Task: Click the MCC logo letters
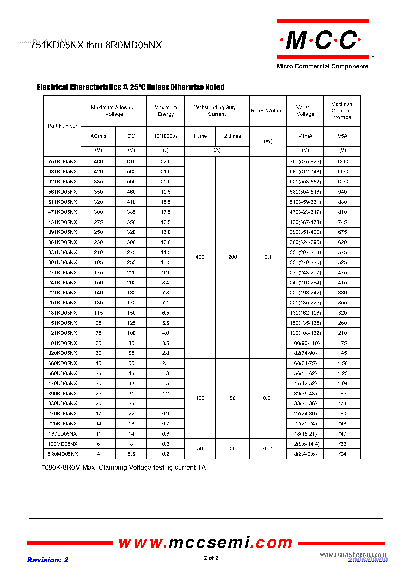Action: [321, 40]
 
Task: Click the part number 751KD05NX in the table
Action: [63, 162]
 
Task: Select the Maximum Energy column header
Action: [166, 111]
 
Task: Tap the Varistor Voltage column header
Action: [305, 111]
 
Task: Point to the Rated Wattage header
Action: [268, 111]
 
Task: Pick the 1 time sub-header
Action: [200, 136]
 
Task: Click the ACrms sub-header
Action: [98, 136]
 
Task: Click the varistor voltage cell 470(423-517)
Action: [305, 212]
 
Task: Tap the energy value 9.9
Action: [166, 273]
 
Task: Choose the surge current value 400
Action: [200, 257]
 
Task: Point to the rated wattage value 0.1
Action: [268, 257]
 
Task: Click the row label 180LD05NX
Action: [63, 434]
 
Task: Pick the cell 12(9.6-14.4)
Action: [305, 444]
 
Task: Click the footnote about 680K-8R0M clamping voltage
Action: [124, 467]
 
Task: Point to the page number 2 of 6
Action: [211, 558]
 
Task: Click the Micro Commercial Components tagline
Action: [322, 66]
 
